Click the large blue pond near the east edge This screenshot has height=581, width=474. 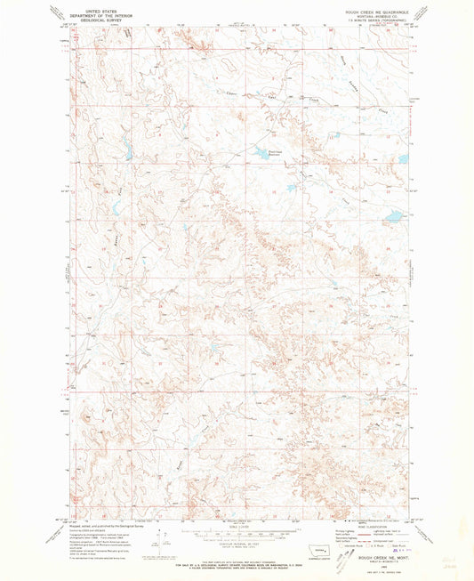point(391,215)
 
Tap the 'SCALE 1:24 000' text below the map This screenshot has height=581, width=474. point(236,526)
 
